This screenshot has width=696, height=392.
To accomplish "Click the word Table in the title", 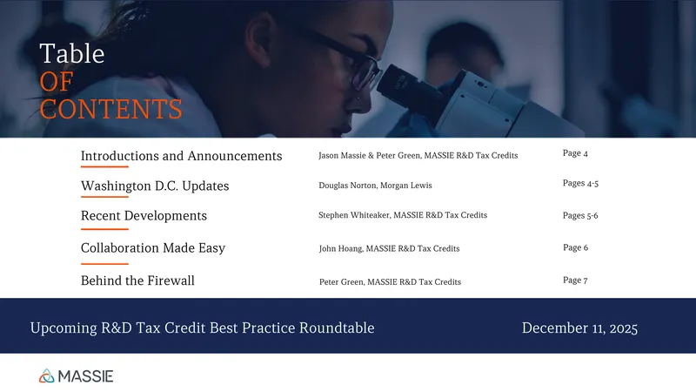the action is tap(72, 54).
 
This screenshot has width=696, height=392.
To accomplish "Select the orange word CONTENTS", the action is tap(111, 109).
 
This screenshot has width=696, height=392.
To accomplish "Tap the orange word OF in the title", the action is tap(57, 82).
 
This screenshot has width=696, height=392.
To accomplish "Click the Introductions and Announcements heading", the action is tap(181, 156).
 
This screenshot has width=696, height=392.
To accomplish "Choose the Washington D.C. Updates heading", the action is tap(155, 186).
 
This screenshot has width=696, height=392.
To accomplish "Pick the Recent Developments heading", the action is tap(144, 215).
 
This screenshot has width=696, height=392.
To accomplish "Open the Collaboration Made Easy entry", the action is tap(153, 248).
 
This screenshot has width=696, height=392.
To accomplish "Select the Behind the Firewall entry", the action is tap(137, 280).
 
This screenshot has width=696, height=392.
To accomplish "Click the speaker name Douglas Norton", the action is tap(347, 186).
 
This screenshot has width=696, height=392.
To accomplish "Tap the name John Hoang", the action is tap(341, 248).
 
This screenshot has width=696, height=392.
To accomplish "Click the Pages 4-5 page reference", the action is tap(580, 183).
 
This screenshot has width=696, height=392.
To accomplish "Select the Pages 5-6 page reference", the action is tap(580, 215).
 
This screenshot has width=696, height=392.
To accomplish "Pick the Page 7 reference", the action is tap(575, 280).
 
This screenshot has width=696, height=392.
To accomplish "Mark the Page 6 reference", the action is tap(575, 247).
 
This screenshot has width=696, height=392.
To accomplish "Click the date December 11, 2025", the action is tap(579, 328).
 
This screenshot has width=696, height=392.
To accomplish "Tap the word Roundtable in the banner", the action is tap(337, 328).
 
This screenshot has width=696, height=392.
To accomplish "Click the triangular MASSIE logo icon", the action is tap(47, 376).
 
